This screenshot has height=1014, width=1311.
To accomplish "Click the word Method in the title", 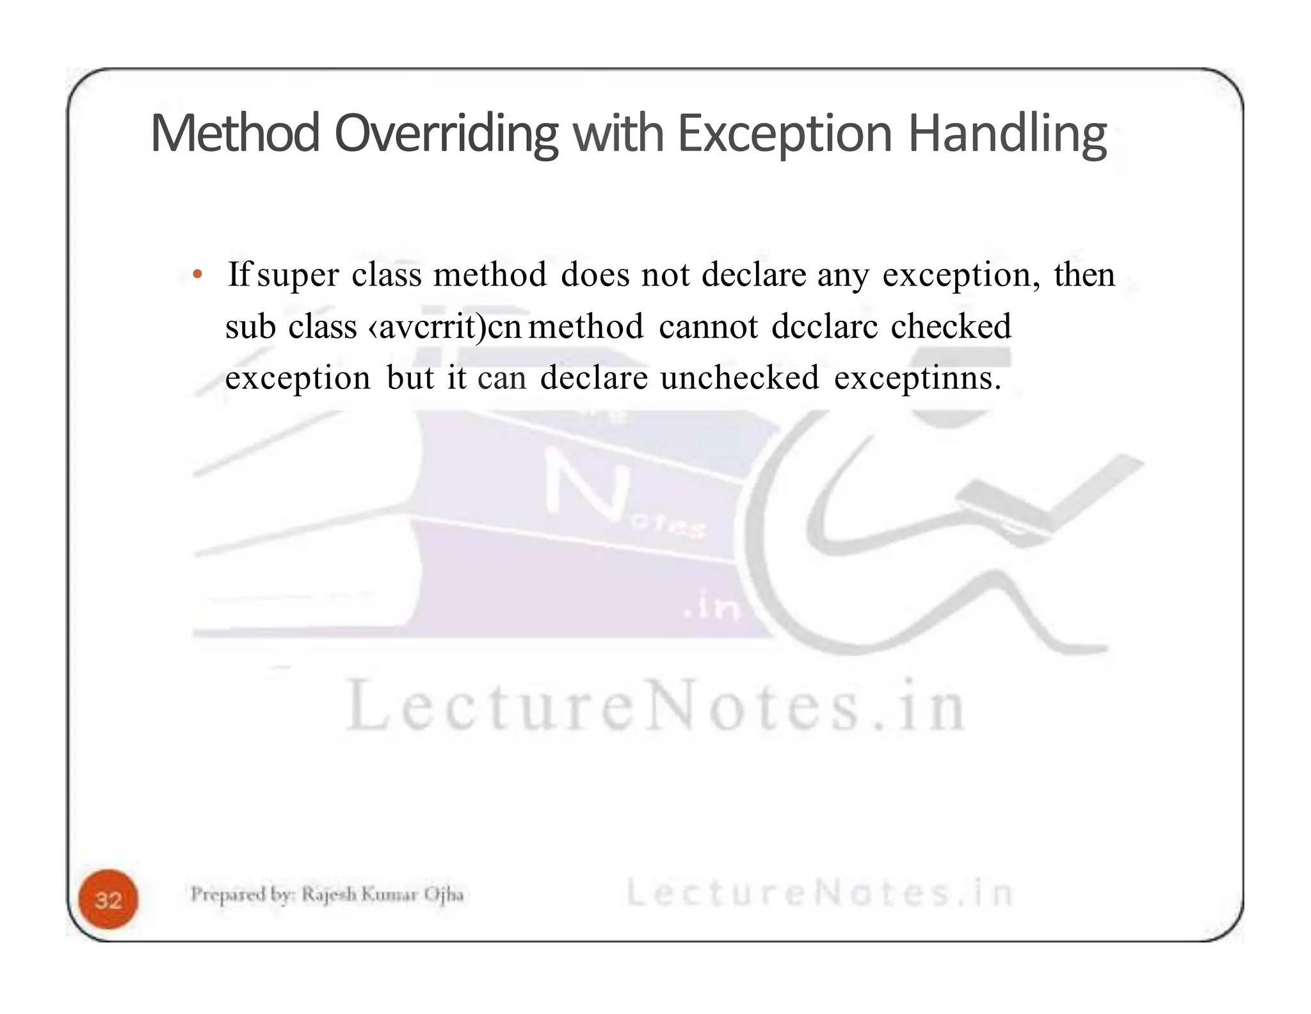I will [234, 134].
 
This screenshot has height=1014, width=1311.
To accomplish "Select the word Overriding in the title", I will [446, 135].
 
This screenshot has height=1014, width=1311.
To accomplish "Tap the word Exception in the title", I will [784, 134].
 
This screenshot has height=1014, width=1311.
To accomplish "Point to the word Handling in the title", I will [1007, 135].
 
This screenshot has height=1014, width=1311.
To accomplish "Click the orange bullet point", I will [198, 275].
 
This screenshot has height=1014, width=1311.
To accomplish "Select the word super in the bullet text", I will [297, 276].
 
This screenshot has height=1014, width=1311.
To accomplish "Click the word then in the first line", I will [1084, 275].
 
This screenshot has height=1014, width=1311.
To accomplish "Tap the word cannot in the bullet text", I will [708, 326].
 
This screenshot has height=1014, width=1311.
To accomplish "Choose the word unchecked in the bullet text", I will [739, 377].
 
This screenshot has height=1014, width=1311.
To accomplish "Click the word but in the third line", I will [410, 377].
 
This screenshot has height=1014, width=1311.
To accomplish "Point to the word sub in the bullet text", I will [250, 326].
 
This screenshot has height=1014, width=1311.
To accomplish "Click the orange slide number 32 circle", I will [108, 899].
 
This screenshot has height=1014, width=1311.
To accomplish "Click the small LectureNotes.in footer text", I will [819, 892].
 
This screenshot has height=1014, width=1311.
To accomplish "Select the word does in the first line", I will [595, 275].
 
